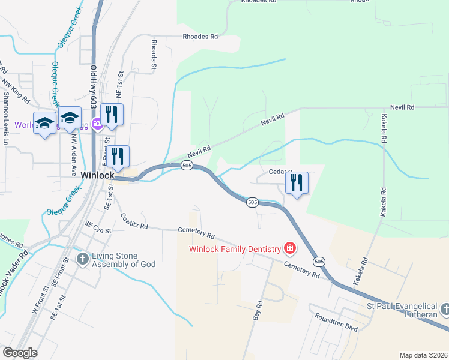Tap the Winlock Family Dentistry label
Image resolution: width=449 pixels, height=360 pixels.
click(x=235, y=249)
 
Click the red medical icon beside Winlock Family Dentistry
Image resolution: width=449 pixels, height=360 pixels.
click(x=290, y=248)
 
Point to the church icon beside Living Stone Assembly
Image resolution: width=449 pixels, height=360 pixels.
click(x=82, y=259)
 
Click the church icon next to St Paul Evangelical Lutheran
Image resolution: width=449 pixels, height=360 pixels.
click(x=445, y=310)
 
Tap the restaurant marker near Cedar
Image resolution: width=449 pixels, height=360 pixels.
click(x=296, y=184)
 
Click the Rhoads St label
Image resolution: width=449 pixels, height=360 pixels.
click(x=154, y=55)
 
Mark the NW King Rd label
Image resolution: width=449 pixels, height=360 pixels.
click(x=16, y=89)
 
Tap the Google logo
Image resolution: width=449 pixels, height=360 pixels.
click(x=20, y=353)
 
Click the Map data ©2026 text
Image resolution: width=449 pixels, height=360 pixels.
click(x=423, y=355)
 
